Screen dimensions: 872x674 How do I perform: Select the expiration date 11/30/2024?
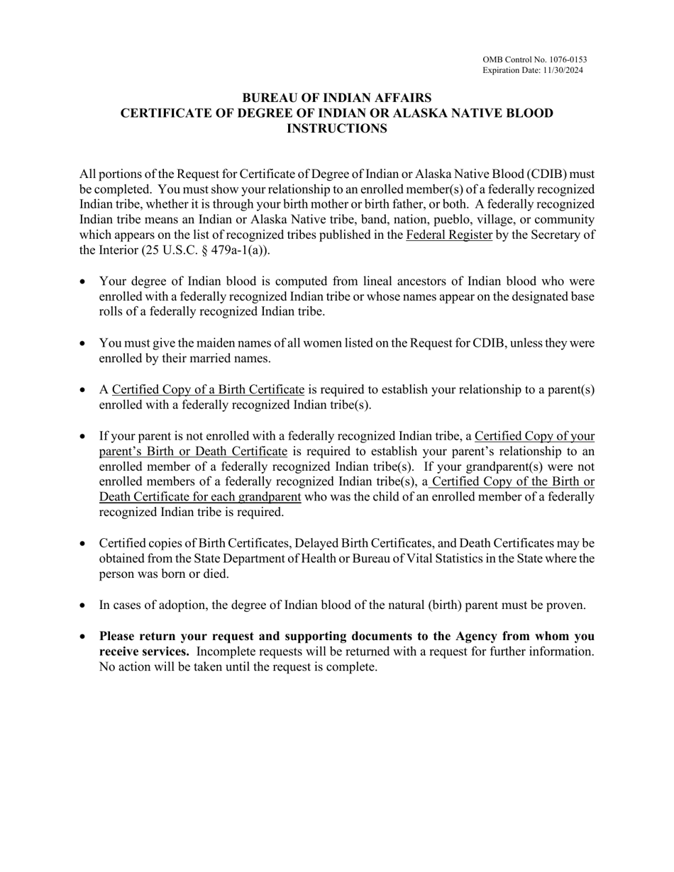pyautogui.click(x=560, y=70)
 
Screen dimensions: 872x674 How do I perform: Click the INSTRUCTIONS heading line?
pyautogui.click(x=337, y=128)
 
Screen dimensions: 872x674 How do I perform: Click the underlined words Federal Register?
pyautogui.click(x=449, y=235)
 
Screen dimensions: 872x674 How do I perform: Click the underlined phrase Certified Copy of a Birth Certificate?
pyautogui.click(x=208, y=390)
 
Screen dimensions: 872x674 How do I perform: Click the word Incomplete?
pyautogui.click(x=226, y=652)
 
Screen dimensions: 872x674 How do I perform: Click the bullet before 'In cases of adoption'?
pyautogui.click(x=83, y=605)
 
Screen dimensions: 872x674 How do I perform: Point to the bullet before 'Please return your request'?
pyautogui.click(x=83, y=636)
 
